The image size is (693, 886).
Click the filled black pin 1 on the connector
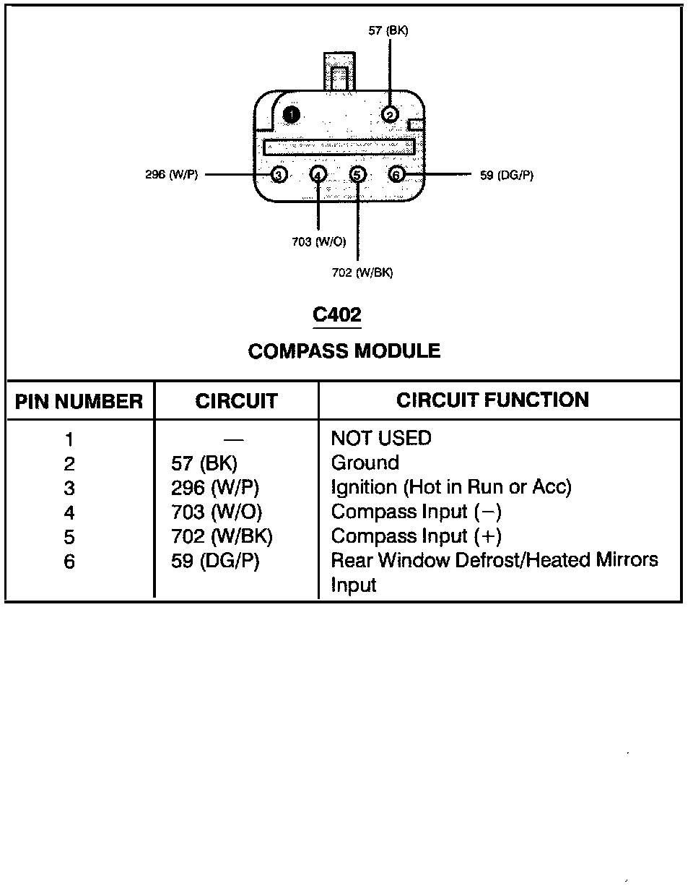tap(291, 114)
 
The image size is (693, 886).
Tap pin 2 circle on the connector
tap(390, 114)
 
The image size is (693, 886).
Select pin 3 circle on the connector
tap(279, 174)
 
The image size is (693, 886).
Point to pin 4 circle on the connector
tap(318, 174)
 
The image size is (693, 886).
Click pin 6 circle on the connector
tap(396, 174)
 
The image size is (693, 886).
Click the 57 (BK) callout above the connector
tap(388, 31)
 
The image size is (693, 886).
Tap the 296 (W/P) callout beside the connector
tap(171, 175)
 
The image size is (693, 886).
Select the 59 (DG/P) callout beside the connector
tap(507, 175)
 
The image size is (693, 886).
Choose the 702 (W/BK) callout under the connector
tap(362, 272)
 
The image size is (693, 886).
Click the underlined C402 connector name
tap(337, 315)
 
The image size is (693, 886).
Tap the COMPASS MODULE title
tap(344, 351)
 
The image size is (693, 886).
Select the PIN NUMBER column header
tap(79, 402)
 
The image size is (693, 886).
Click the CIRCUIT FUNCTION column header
tap(492, 400)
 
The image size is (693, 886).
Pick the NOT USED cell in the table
tap(380, 439)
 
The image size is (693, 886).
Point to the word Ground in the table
tap(365, 463)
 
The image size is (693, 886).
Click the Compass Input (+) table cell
tap(416, 536)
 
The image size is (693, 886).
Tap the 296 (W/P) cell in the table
tap(215, 488)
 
